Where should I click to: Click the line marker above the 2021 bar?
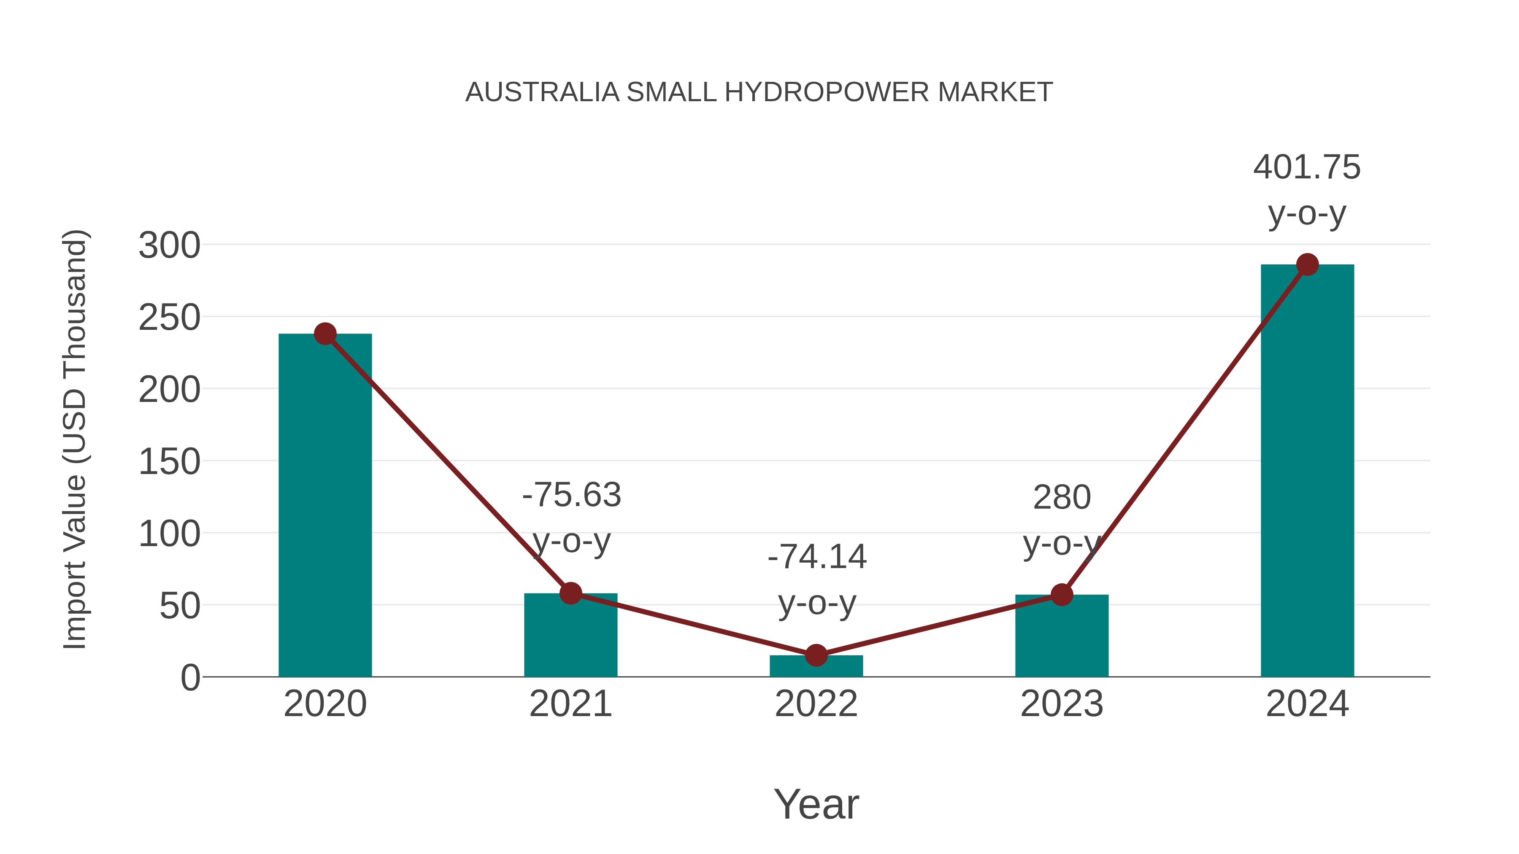coord(571,593)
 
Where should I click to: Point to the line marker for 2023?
coord(1062,595)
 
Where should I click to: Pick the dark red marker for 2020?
coord(325,334)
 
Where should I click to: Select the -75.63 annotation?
coord(571,495)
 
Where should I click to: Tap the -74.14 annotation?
coord(817,557)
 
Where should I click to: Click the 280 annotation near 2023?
coord(1062,498)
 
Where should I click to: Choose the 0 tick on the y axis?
coord(190,677)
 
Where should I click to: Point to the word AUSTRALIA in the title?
coord(542,92)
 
